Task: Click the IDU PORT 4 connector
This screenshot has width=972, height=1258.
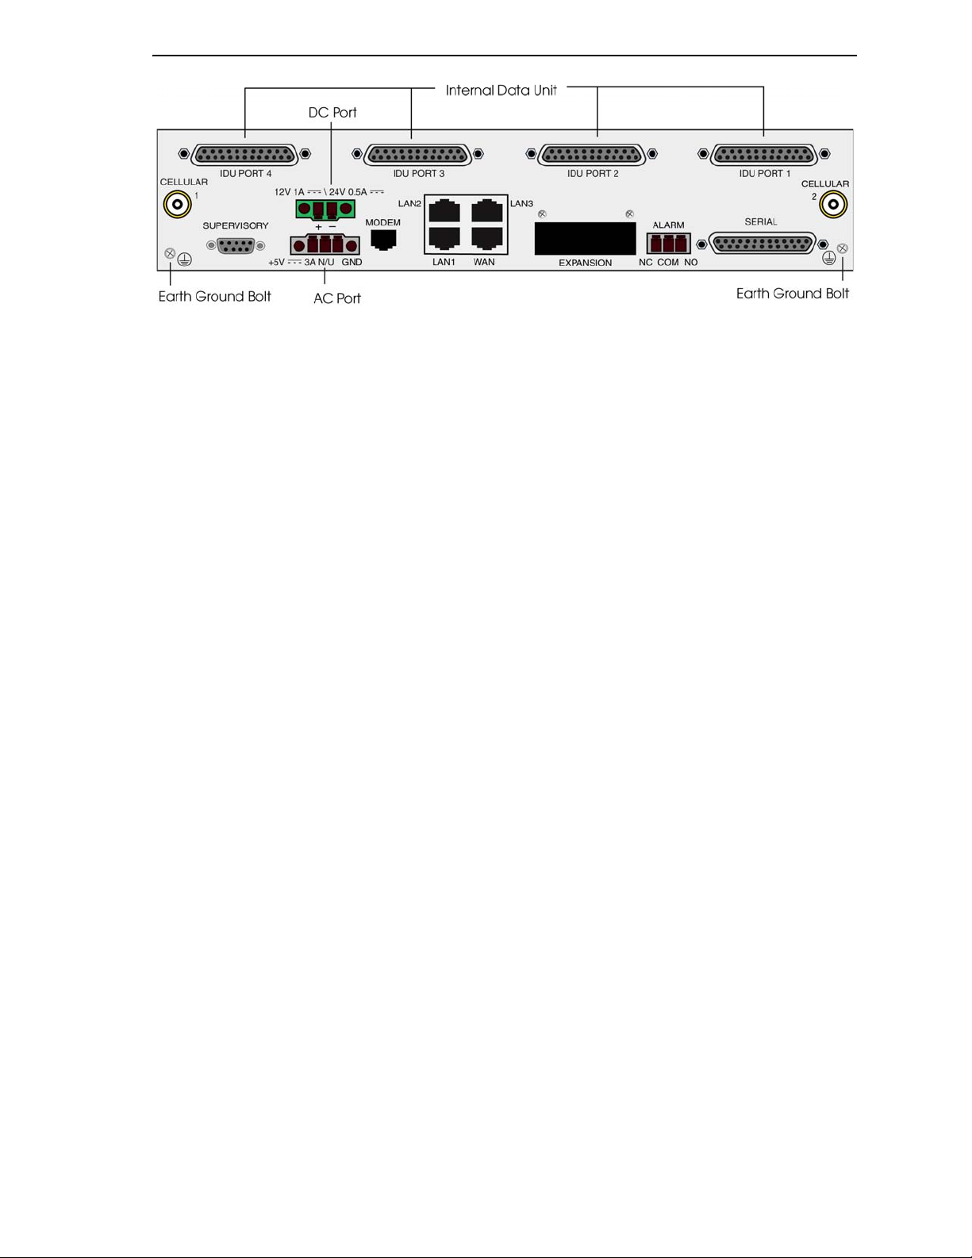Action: tap(244, 155)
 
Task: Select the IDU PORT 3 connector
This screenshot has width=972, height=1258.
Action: tap(417, 155)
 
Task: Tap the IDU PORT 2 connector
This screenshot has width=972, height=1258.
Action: tap(591, 155)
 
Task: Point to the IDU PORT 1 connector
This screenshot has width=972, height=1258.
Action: tap(764, 155)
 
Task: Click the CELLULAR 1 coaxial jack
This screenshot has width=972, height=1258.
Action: tap(177, 205)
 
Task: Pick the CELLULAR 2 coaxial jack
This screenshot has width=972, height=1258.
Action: tap(833, 205)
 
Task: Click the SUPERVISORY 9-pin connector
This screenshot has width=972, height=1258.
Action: tap(235, 245)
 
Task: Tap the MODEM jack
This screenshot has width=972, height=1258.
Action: tap(384, 239)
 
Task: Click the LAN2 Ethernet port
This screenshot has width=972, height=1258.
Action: tap(444, 211)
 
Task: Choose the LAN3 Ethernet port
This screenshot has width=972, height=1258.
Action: tap(487, 211)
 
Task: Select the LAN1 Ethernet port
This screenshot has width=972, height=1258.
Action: tap(444, 237)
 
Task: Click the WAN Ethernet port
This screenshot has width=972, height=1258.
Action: tap(487, 237)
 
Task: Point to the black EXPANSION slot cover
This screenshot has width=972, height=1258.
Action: tap(585, 238)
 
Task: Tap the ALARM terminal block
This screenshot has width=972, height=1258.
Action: tap(668, 243)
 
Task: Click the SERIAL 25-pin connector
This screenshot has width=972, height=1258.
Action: tap(762, 244)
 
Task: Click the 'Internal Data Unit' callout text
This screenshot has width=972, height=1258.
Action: tap(501, 90)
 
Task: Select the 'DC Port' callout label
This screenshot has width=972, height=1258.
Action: tap(332, 113)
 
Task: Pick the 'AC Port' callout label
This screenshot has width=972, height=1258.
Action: tap(337, 298)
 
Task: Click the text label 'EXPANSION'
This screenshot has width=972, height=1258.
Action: tap(585, 263)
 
